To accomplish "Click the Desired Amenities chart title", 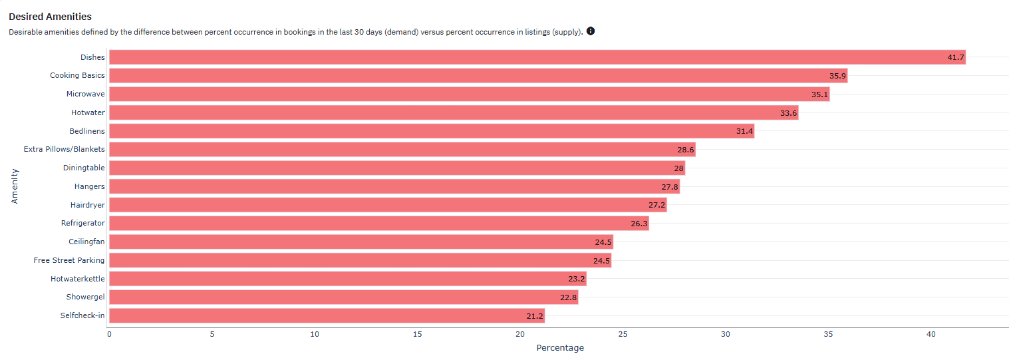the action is tap(50, 17).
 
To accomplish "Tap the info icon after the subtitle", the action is tap(591, 31).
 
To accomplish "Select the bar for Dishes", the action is tap(537, 57).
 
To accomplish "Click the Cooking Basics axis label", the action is tap(77, 75).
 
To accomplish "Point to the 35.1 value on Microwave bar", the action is tap(819, 94).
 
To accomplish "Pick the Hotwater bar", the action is tap(454, 112).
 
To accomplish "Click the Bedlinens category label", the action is tap(87, 131).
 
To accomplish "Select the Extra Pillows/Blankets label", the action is tap(64, 149).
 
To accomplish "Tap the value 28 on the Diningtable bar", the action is tap(679, 168).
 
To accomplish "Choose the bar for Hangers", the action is tap(394, 186).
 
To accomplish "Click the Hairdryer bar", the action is tap(388, 205).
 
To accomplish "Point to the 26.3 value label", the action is tap(639, 224).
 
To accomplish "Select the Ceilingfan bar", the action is tap(361, 242).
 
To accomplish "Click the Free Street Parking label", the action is tap(69, 260).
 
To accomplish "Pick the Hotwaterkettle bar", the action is tap(348, 279).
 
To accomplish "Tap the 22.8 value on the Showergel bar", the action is tap(568, 297).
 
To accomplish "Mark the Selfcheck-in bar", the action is tap(327, 316).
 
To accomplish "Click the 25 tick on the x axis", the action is tap(623, 334).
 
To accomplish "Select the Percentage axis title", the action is tap(560, 348).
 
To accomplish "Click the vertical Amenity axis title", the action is tap(15, 186).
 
